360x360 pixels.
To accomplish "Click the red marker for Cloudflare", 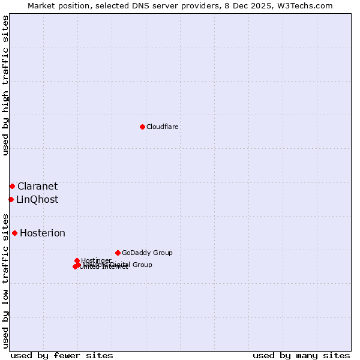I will pos(142,127).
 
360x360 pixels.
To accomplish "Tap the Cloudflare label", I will pos(163,127).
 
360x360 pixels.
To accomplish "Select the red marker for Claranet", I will pos(12,186).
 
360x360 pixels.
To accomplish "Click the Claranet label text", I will pos(37,187).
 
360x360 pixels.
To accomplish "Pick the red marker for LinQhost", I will pos(11,199).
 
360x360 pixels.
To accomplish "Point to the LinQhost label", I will pos(37,200).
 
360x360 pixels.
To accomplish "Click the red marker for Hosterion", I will pos(14,233).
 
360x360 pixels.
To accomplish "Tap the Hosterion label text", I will pos(43,233).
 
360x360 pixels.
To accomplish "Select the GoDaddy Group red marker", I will pos(118,253).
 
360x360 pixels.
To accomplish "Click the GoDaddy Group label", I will pos(147,253).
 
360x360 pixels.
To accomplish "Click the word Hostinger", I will pos(96,260).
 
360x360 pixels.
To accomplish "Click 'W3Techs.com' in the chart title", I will pos(308,6).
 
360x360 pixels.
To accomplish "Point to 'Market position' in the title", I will pos(57,6).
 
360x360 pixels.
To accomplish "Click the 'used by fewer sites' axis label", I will pos(62,355).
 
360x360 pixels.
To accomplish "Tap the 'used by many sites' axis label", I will pos(301,355).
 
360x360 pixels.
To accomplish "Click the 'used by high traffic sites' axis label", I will pos(6,85).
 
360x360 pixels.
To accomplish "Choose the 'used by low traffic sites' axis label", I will pos(6,280).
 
